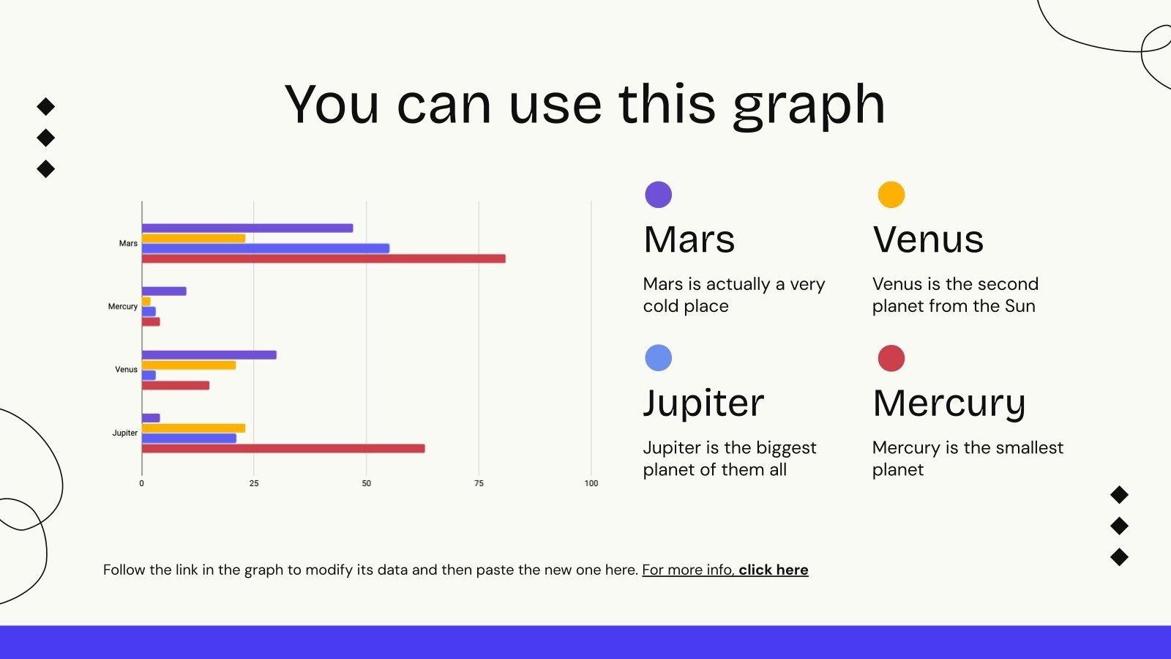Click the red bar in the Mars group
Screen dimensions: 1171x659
323,258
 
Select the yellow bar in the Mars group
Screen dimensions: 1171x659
193,239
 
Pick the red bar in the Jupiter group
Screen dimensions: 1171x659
283,448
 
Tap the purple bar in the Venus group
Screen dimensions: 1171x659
209,355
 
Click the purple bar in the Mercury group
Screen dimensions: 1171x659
164,291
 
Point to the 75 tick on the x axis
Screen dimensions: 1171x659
479,483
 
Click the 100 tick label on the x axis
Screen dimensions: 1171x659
591,483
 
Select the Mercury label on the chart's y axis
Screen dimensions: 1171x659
123,307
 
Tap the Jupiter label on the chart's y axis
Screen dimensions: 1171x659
125,433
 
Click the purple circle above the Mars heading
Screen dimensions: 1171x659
658,195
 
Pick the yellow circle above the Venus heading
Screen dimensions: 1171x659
891,195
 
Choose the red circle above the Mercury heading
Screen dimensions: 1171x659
891,358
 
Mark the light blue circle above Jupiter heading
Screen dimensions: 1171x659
658,358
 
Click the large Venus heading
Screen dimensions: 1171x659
928,239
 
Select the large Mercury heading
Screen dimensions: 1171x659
949,403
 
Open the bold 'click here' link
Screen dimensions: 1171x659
773,570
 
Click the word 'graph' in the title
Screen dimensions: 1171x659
809,106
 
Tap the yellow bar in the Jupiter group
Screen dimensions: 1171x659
193,428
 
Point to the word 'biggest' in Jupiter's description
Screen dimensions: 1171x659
786,448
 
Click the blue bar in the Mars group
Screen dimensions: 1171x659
266,248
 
